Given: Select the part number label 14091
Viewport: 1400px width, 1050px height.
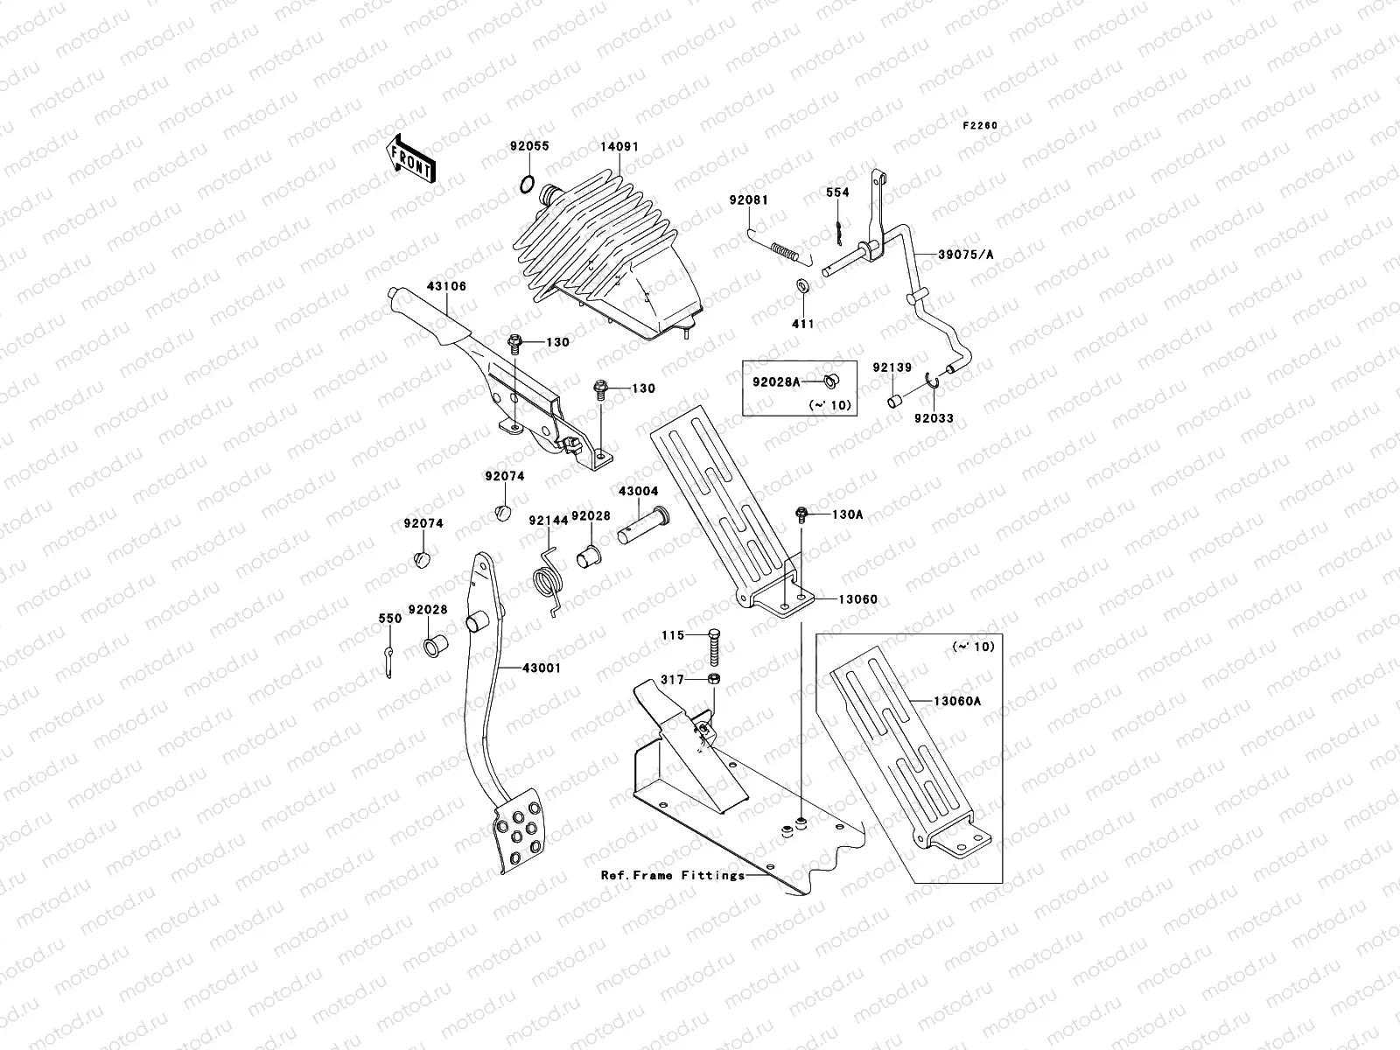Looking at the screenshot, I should point(619,147).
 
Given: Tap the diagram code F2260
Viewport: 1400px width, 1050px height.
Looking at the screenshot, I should point(980,125).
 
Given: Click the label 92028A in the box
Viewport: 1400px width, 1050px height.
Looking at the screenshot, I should point(773,381).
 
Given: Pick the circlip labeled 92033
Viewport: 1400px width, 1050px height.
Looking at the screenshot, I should point(934,379).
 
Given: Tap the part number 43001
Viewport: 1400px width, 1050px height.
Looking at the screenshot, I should point(542,668).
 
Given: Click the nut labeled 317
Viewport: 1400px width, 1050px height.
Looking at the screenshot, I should point(714,679).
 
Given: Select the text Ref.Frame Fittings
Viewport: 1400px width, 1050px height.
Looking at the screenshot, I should point(672,874).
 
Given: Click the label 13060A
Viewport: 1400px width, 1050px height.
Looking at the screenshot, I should point(957,701).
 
